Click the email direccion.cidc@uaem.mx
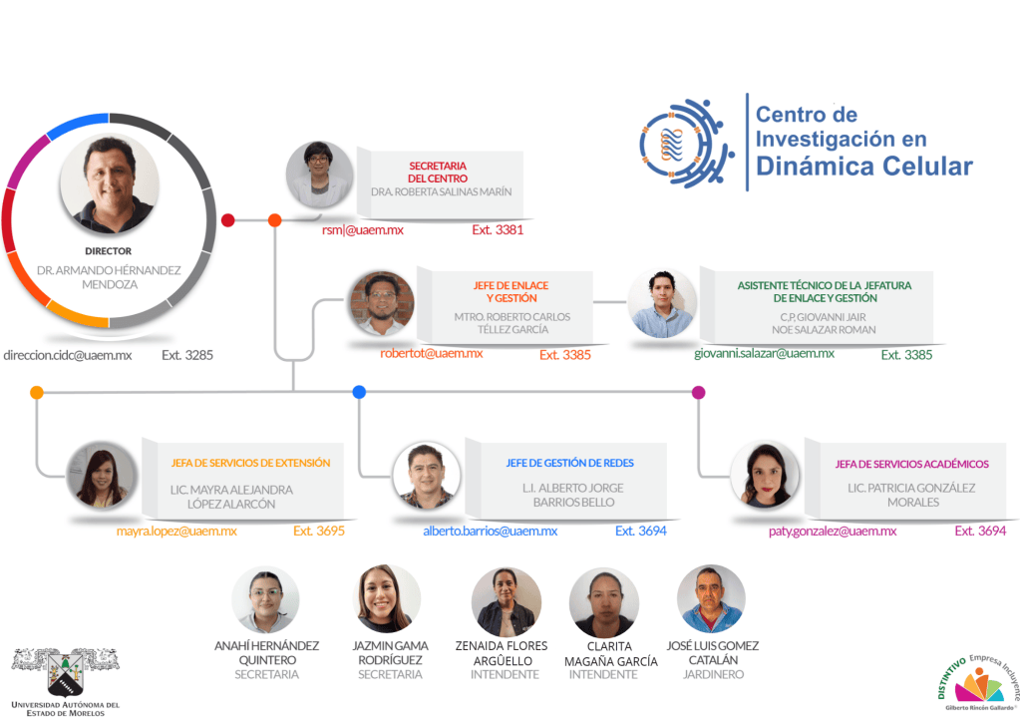(68, 355)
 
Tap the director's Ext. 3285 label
(187, 355)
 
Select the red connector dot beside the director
(227, 220)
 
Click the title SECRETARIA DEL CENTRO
(438, 172)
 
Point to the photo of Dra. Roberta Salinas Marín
(319, 175)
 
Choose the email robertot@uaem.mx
(432, 353)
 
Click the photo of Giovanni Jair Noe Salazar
(662, 303)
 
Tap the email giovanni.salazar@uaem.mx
(764, 353)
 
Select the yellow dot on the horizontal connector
(37, 392)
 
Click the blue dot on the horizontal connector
(359, 392)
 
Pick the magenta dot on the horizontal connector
(699, 392)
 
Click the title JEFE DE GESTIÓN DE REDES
(570, 463)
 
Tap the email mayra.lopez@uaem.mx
(176, 531)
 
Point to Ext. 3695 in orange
(319, 531)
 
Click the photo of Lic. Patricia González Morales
(765, 476)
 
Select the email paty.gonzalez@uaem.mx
(833, 531)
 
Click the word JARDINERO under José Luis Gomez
(713, 675)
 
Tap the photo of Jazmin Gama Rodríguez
(387, 598)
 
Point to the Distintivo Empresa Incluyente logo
(978, 683)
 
